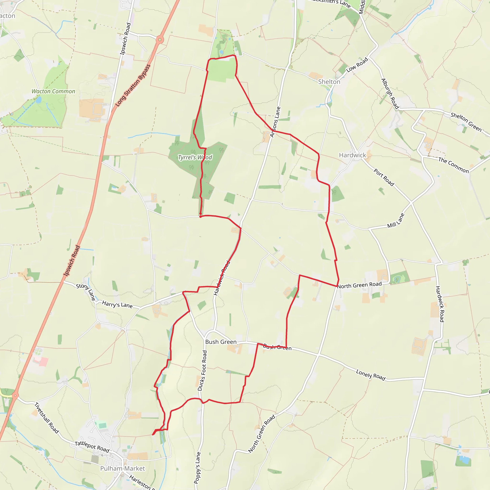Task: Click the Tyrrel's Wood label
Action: pos(195,157)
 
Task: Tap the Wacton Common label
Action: pos(53,91)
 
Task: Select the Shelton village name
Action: pos(329,82)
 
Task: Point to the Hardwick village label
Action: pos(352,155)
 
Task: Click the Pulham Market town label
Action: pos(122,468)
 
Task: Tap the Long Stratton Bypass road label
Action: pos(133,85)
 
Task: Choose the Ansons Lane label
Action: pos(275,122)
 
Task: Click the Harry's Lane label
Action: pos(117,304)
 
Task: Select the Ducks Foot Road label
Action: pos(202,371)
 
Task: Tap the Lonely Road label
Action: pos(371,375)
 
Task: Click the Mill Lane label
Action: pos(395,221)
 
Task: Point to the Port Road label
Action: pos(384,177)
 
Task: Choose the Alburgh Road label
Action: pos(390,94)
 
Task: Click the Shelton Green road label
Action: pos(466,122)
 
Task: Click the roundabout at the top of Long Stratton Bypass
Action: pos(160,39)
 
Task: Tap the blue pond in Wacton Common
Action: pos(39,100)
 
